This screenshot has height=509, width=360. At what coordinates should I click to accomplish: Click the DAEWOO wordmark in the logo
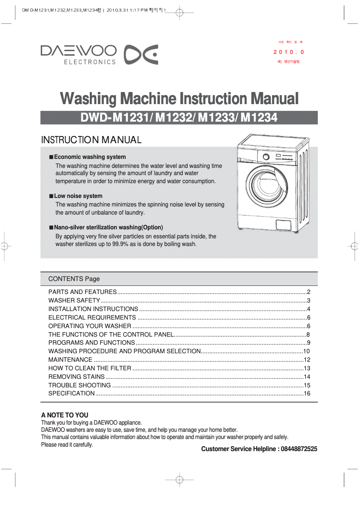(x=79, y=51)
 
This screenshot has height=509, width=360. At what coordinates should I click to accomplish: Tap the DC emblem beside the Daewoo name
(x=140, y=54)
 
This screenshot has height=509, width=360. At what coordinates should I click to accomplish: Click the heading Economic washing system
(x=90, y=157)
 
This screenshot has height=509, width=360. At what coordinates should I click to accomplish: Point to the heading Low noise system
(x=78, y=196)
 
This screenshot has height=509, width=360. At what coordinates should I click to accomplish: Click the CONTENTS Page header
(x=74, y=279)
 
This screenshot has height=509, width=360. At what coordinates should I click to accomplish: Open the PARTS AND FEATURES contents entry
(x=83, y=292)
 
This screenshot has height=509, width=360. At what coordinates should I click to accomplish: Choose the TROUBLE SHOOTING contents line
(x=79, y=385)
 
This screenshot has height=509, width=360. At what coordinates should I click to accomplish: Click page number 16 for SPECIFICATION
(x=307, y=394)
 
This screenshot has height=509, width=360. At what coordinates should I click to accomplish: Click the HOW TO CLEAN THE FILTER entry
(x=90, y=369)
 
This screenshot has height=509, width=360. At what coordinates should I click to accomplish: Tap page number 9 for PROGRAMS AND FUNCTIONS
(x=308, y=343)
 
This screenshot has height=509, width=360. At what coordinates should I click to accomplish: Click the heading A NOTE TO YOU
(x=65, y=415)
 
